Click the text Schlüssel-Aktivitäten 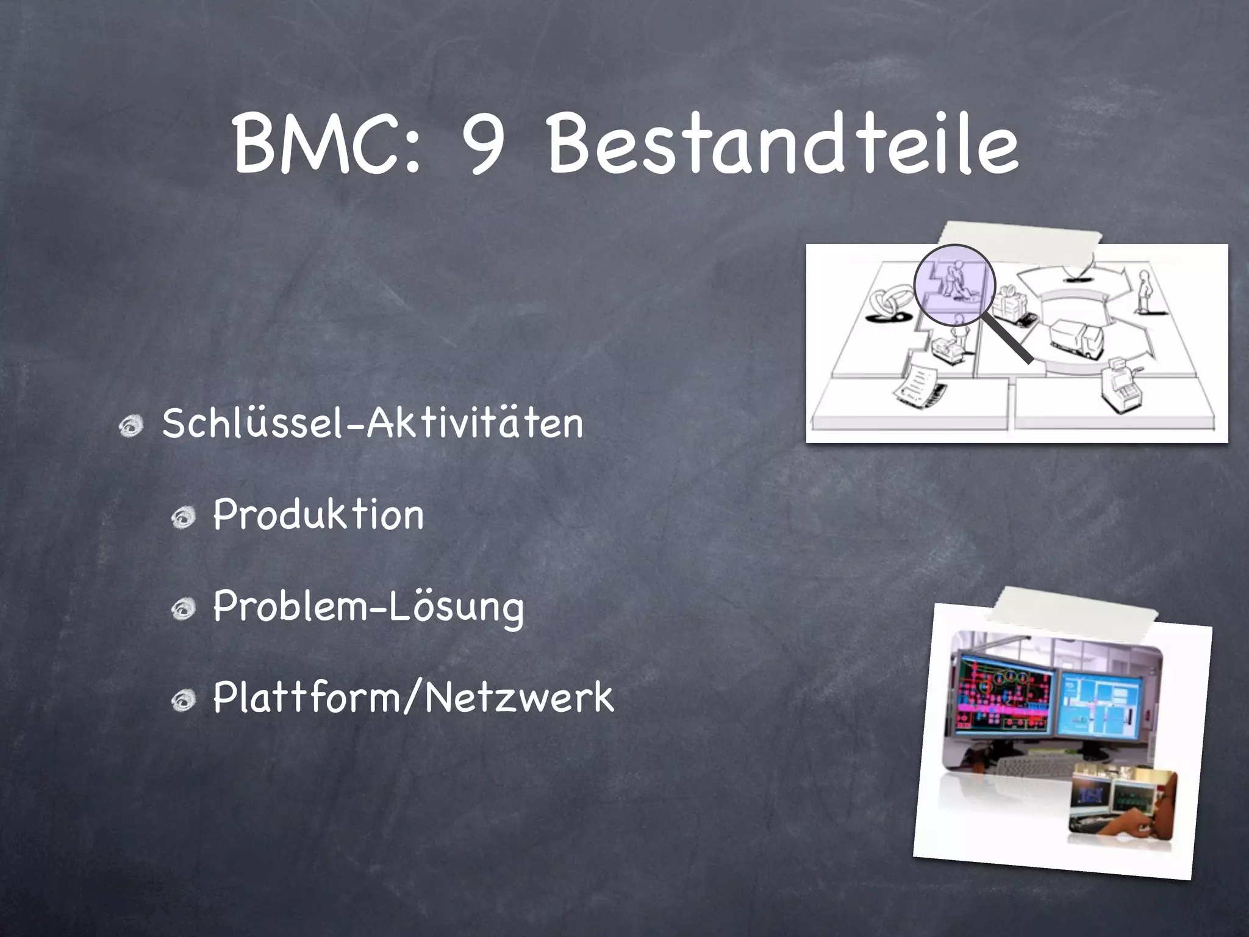pyautogui.click(x=373, y=423)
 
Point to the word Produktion pyautogui.click(x=318, y=514)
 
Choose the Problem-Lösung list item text pyautogui.click(x=368, y=607)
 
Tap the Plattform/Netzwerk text pyautogui.click(x=413, y=697)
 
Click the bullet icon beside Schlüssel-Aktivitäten pyautogui.click(x=131, y=425)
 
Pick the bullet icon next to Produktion pyautogui.click(x=182, y=518)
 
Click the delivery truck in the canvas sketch pyautogui.click(x=1076, y=339)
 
